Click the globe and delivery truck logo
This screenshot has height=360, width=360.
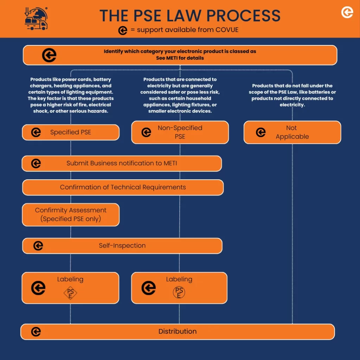(x=36, y=19)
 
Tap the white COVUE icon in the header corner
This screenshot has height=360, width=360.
(x=347, y=12)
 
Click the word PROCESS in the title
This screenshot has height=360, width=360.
(x=243, y=15)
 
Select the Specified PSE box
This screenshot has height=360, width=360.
(x=71, y=132)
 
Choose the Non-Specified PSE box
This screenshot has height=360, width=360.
(x=180, y=132)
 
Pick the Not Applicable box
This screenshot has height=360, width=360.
(x=292, y=132)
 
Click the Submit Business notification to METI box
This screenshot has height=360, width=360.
(x=122, y=163)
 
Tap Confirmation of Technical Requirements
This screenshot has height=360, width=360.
(x=123, y=187)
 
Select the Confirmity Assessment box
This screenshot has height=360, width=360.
(x=71, y=215)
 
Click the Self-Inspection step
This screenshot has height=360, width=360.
(x=122, y=246)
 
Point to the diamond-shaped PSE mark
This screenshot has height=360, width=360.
(x=70, y=293)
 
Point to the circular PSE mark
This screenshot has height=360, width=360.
(x=179, y=292)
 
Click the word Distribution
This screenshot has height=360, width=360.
(x=178, y=331)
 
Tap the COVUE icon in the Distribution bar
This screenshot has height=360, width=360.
(x=36, y=332)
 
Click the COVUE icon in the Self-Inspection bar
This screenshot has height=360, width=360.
(x=38, y=246)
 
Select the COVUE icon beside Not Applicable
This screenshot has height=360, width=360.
(x=261, y=132)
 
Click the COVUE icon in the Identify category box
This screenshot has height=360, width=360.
(x=49, y=55)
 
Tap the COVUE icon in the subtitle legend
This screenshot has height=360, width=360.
(x=123, y=30)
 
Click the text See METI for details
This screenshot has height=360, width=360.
(x=180, y=58)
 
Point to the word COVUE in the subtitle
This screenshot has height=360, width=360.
(x=227, y=30)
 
